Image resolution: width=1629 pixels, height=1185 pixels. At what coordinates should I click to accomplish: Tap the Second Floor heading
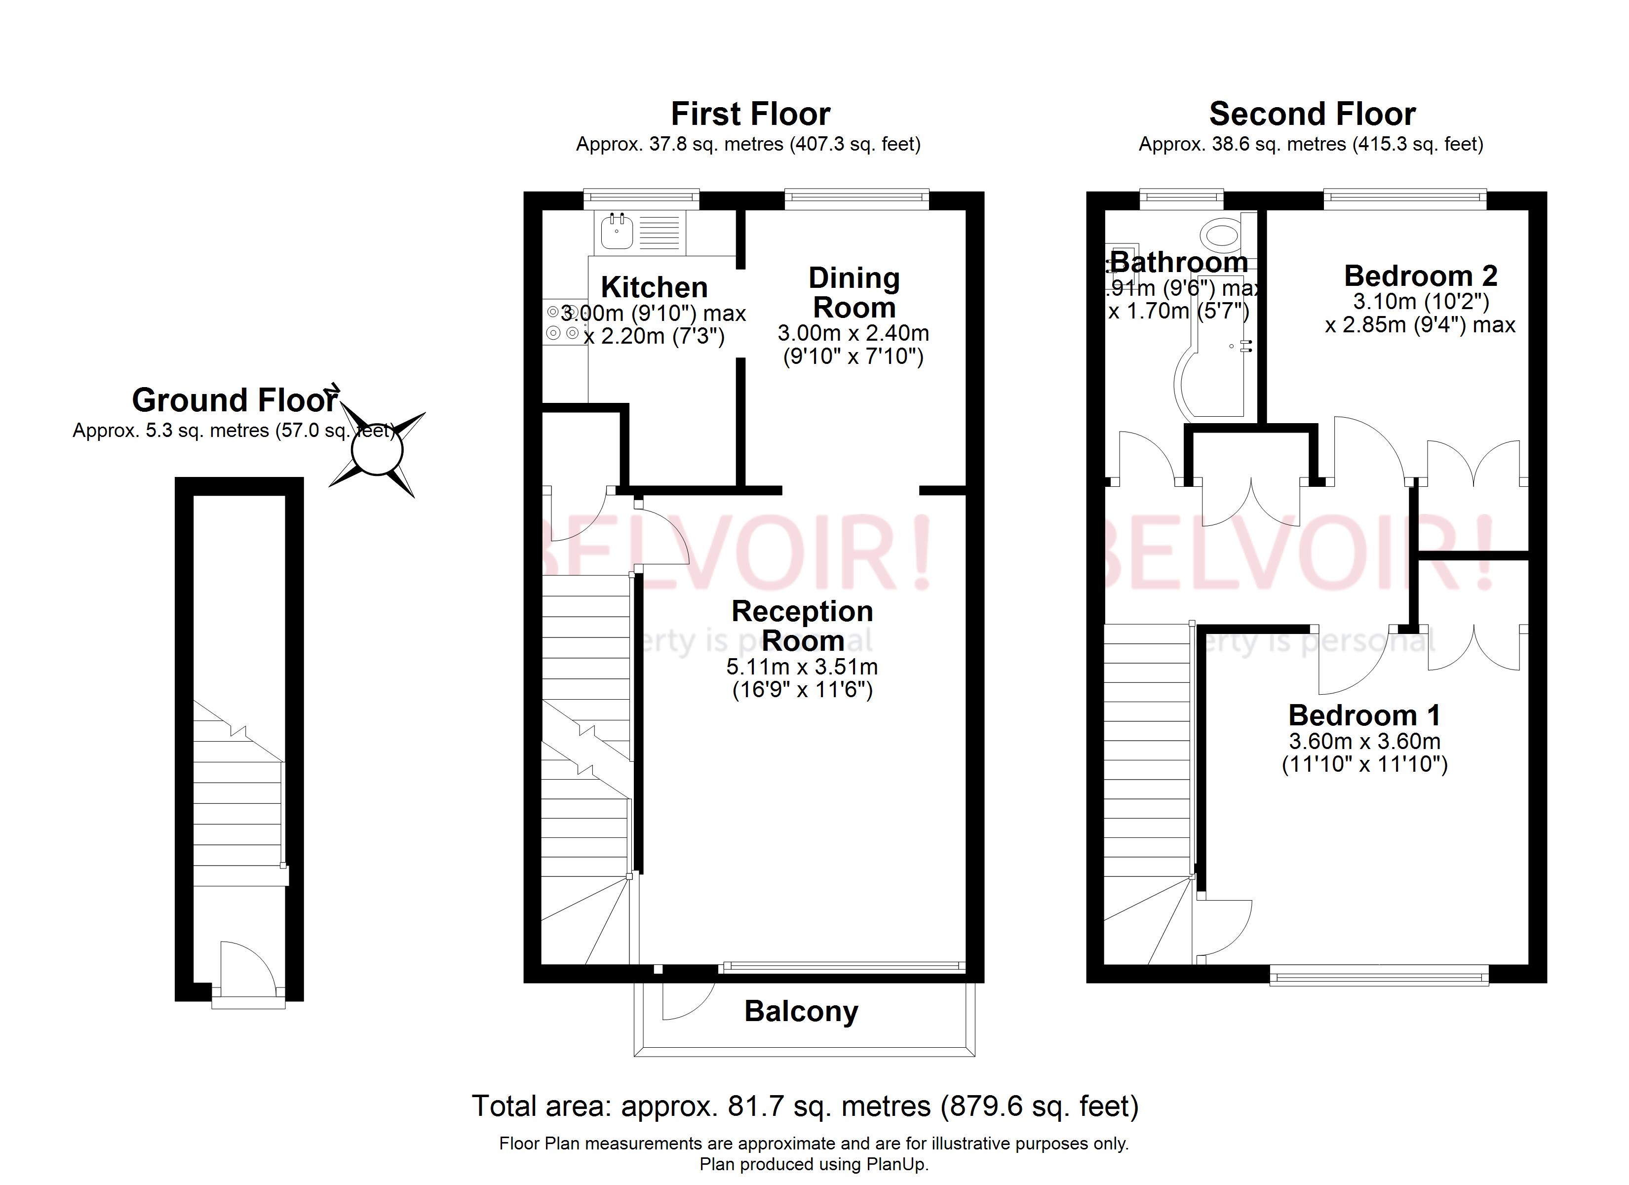pyautogui.click(x=1312, y=114)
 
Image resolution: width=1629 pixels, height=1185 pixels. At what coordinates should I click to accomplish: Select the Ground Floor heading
pyautogui.click(x=234, y=400)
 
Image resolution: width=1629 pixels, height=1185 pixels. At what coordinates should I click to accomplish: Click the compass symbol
pyautogui.click(x=377, y=451)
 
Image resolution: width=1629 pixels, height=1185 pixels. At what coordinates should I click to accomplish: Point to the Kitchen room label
pyautogui.click(x=654, y=287)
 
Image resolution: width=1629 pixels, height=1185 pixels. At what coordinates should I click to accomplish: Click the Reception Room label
pyautogui.click(x=802, y=625)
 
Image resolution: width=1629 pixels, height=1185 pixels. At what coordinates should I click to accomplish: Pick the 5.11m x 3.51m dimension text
pyautogui.click(x=802, y=667)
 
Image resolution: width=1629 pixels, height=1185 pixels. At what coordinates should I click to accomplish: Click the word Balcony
pyautogui.click(x=801, y=1011)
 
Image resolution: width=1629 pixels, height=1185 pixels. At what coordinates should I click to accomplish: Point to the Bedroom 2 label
pyautogui.click(x=1420, y=276)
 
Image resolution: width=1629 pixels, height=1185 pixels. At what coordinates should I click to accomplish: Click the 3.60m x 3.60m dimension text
pyautogui.click(x=1364, y=741)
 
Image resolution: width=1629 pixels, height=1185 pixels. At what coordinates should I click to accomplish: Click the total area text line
pyautogui.click(x=805, y=1106)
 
